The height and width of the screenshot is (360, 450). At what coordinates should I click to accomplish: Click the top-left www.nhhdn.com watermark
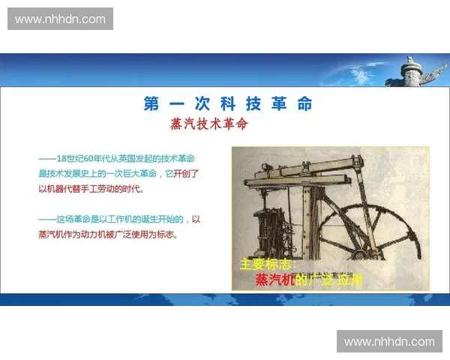60,19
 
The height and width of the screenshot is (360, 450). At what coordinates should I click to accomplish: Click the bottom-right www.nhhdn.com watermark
389,342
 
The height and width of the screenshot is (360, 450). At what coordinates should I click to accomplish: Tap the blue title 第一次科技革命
228,104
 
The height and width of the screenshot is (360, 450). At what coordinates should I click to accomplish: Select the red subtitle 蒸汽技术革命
209,124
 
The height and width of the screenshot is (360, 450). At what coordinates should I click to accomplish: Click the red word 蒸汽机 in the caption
274,280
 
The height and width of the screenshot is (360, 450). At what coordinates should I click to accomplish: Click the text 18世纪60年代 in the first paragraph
82,159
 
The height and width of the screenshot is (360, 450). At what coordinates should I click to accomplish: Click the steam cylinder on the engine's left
266,225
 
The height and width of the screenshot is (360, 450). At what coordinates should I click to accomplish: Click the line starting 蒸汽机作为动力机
112,234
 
